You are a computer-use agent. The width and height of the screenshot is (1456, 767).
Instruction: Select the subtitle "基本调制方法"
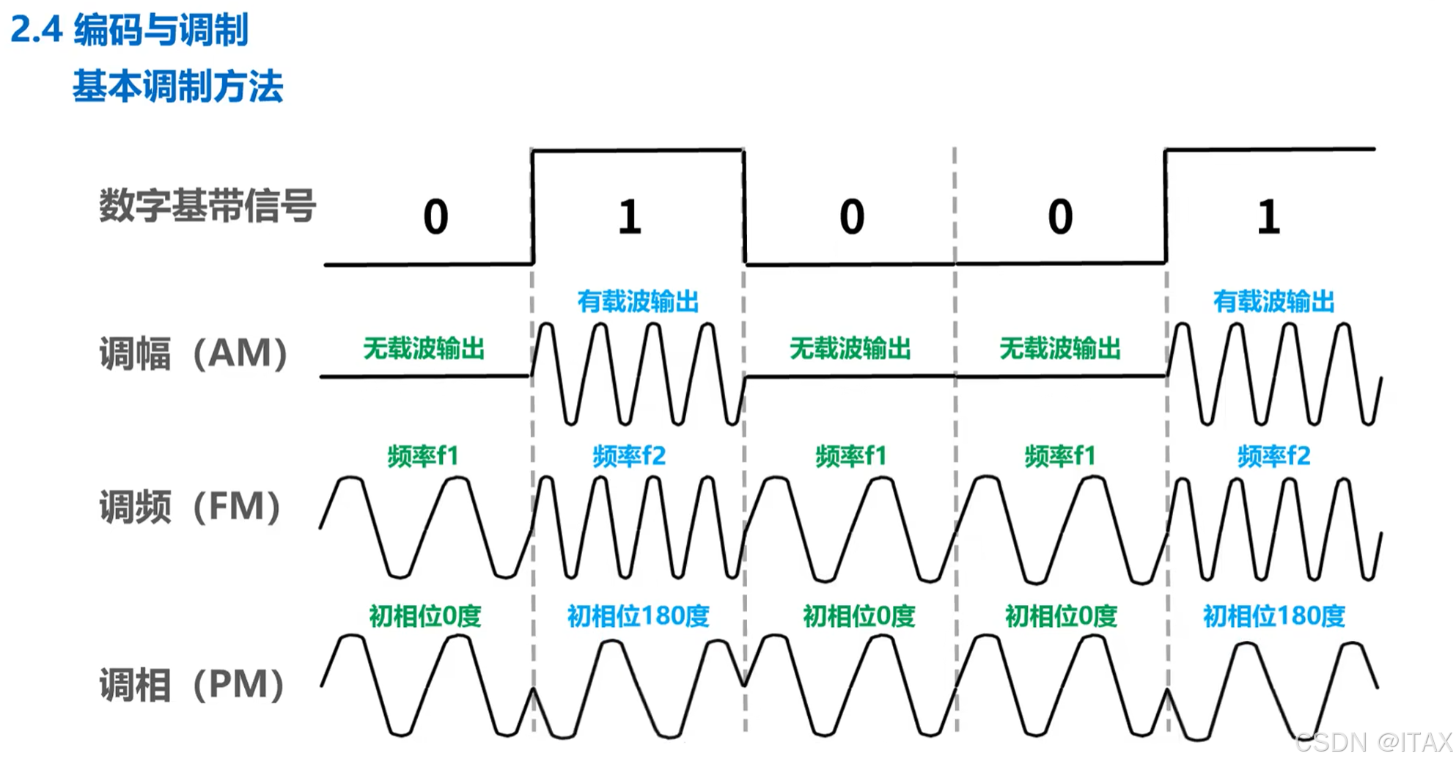click(x=177, y=87)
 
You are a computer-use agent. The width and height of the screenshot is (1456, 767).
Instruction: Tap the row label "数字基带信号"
click(x=207, y=205)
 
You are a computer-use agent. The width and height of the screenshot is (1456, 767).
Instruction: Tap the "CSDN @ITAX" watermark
click(x=1373, y=742)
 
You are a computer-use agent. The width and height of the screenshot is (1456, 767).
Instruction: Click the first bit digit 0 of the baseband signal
click(x=435, y=217)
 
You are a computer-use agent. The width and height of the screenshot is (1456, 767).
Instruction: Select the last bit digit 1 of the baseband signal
click(x=1268, y=217)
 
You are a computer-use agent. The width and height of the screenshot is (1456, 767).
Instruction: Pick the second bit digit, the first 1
click(x=630, y=217)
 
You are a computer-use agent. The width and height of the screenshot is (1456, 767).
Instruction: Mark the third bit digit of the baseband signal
click(x=852, y=217)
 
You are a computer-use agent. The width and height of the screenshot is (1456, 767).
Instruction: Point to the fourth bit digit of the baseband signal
click(x=1060, y=217)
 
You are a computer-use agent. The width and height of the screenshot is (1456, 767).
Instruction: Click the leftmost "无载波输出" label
click(x=424, y=348)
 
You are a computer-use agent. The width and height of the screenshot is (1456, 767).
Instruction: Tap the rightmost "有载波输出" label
click(x=1273, y=301)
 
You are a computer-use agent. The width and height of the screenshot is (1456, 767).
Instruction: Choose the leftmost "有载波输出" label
click(x=638, y=301)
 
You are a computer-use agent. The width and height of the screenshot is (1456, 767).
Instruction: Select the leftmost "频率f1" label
click(x=423, y=456)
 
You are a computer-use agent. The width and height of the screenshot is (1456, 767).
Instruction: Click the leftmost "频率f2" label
click(x=629, y=456)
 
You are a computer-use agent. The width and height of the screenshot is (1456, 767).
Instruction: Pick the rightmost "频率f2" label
click(x=1273, y=456)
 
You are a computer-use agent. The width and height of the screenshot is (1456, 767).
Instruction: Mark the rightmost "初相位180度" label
click(x=1273, y=616)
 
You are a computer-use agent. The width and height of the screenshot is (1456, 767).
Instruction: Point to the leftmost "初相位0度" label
click(x=424, y=616)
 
